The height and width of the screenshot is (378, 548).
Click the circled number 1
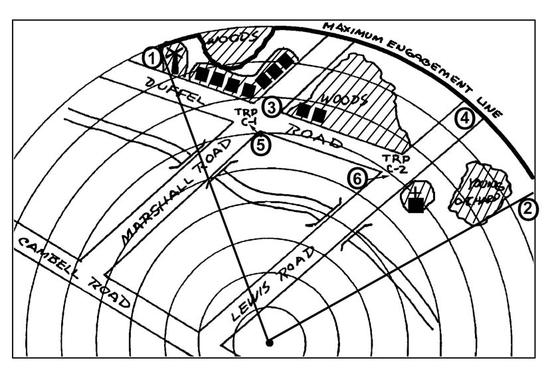(x=152, y=58)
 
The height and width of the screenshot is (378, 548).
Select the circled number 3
(x=271, y=106)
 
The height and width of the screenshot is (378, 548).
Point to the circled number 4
(x=464, y=118)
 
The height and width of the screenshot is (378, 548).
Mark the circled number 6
(x=357, y=178)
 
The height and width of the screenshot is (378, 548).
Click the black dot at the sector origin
(x=269, y=343)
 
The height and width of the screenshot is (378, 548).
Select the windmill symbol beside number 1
(x=174, y=58)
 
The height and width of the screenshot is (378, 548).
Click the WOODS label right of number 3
(x=344, y=100)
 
